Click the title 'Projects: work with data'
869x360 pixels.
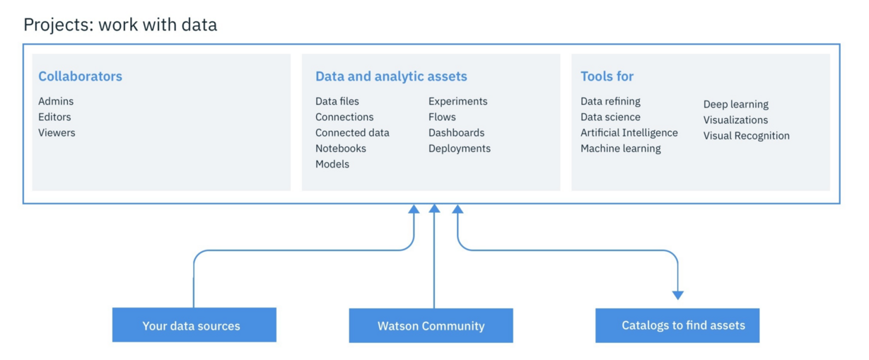(x=120, y=25)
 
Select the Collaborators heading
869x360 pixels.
(x=80, y=76)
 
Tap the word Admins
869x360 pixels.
(x=56, y=101)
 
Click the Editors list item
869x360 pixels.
(x=54, y=117)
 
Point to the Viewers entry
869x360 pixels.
(x=57, y=132)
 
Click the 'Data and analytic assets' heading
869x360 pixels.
(x=391, y=76)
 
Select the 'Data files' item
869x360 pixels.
(x=337, y=101)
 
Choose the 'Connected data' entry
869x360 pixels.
(x=352, y=132)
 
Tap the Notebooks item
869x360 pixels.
(x=341, y=149)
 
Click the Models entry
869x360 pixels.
(x=332, y=164)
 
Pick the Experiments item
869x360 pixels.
(x=457, y=101)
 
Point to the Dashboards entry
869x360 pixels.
(x=456, y=132)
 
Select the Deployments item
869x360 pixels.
(x=459, y=149)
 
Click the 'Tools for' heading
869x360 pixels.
(x=607, y=76)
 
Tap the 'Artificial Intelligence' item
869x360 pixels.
(x=629, y=132)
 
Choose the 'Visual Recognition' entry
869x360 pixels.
(x=746, y=136)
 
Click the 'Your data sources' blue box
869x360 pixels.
(x=194, y=325)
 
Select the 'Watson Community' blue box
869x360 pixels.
(x=431, y=325)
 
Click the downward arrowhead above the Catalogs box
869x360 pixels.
(x=677, y=295)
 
